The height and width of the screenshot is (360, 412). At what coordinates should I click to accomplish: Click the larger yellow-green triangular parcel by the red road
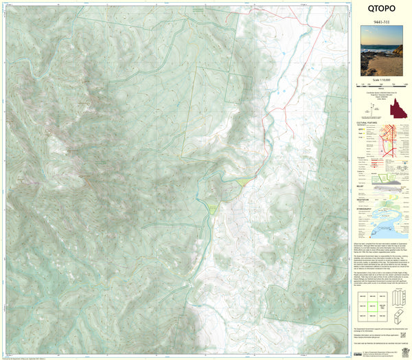[x=243, y=182]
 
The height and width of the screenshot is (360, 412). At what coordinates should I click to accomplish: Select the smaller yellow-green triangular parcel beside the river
[x=213, y=207]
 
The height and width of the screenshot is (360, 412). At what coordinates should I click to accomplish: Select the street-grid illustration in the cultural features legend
[x=390, y=140]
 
